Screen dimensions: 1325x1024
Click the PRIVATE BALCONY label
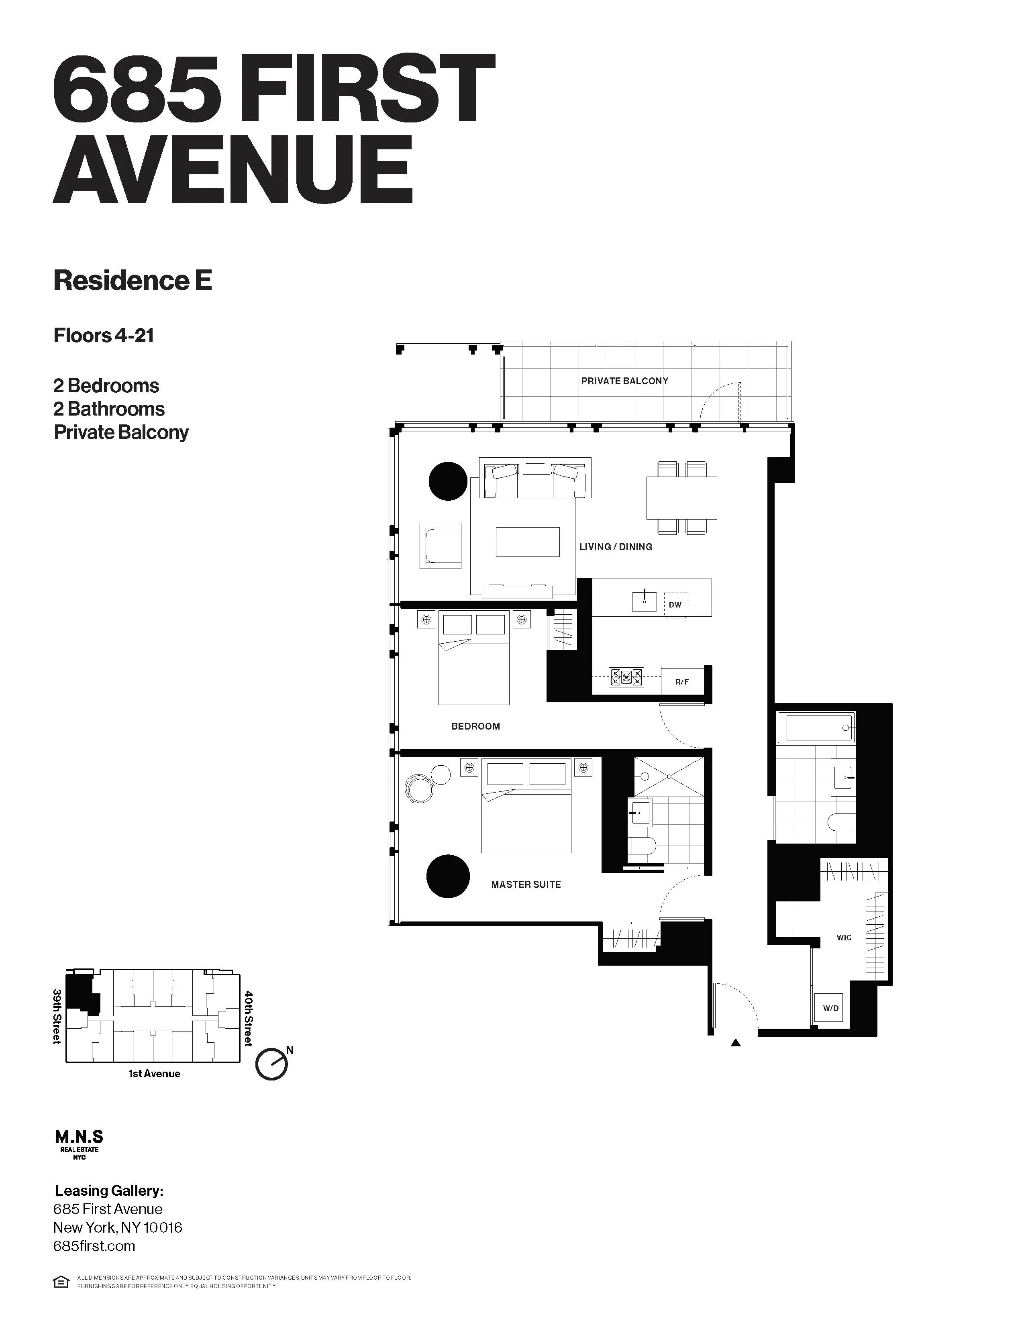click(x=624, y=381)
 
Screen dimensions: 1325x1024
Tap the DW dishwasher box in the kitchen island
click(x=675, y=605)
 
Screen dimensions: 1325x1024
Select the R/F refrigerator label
click(x=682, y=682)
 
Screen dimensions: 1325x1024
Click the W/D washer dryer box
click(x=830, y=1008)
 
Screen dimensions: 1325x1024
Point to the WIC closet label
click(x=844, y=937)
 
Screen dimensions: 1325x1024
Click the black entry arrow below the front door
click(x=735, y=1043)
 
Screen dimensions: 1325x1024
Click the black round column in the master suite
click(x=448, y=876)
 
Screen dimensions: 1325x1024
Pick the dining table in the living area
click(x=681, y=497)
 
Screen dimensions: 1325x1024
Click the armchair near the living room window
click(x=441, y=545)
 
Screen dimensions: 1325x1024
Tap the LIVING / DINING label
click(x=616, y=546)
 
